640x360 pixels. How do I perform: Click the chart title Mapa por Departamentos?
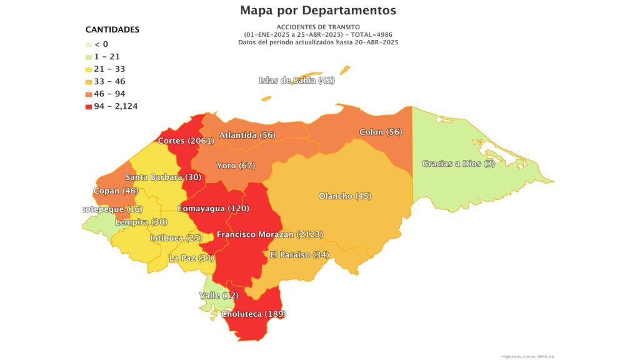tap(317, 11)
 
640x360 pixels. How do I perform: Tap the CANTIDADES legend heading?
tap(112, 29)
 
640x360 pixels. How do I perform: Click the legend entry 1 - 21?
tap(107, 56)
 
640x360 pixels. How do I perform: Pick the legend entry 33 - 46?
tap(109, 81)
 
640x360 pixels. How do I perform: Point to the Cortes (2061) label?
tap(186, 141)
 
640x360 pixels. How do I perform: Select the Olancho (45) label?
tap(345, 196)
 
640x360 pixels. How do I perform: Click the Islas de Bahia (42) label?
tap(297, 81)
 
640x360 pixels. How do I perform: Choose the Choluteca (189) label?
tap(253, 314)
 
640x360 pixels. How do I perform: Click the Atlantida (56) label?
tap(247, 136)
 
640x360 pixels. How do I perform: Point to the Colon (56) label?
tap(381, 132)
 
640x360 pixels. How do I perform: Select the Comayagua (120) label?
tap(212, 208)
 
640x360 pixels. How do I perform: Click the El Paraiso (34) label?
tap(299, 254)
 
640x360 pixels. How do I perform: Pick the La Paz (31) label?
tap(191, 258)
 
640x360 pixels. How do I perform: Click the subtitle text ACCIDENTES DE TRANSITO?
tap(317, 27)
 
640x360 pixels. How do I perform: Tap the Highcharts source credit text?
tap(527, 356)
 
